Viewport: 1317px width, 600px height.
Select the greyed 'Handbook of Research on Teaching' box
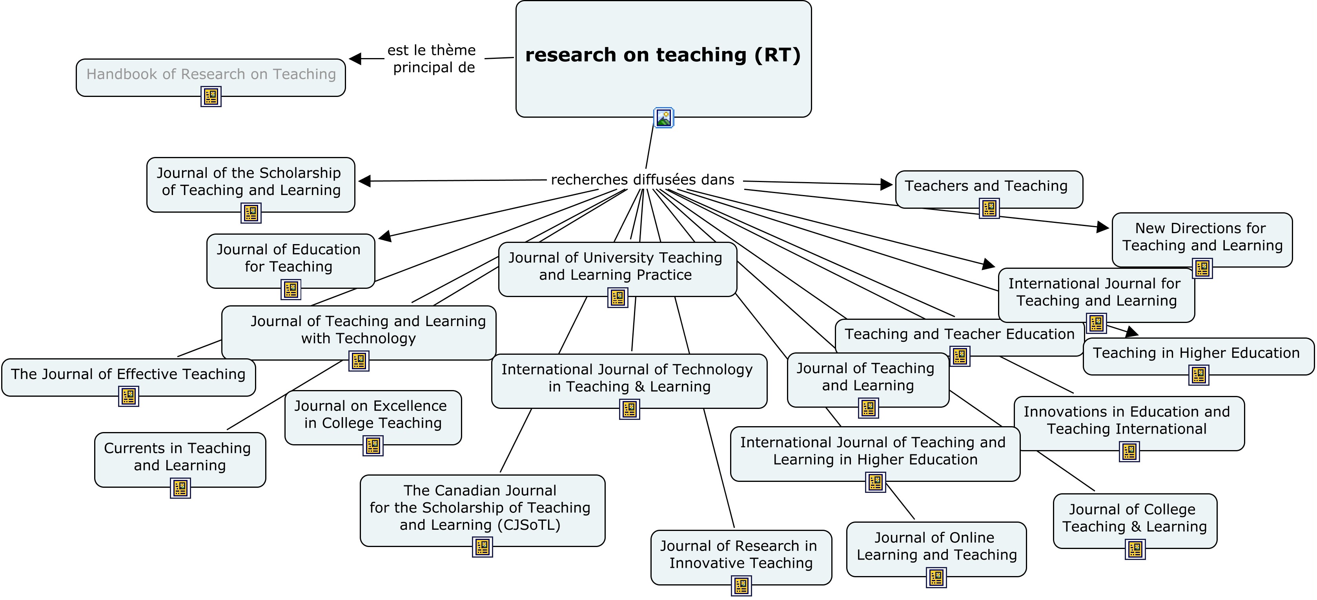point(211,75)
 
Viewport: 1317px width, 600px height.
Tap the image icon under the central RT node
point(664,118)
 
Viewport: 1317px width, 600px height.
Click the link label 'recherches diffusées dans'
point(643,180)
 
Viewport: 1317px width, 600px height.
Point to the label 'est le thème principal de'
point(432,59)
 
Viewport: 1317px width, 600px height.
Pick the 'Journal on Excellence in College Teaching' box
point(373,415)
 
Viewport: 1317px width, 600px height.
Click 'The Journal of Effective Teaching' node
point(128,374)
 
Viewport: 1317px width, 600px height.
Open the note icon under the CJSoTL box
point(482,547)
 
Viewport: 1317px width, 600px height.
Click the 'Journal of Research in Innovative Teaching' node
point(740,554)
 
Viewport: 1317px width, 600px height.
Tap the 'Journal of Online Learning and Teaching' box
point(936,546)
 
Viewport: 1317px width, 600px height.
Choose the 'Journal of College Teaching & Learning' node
point(1135,518)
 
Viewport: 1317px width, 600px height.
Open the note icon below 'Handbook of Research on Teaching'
point(211,96)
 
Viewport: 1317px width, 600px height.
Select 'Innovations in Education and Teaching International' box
point(1128,420)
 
